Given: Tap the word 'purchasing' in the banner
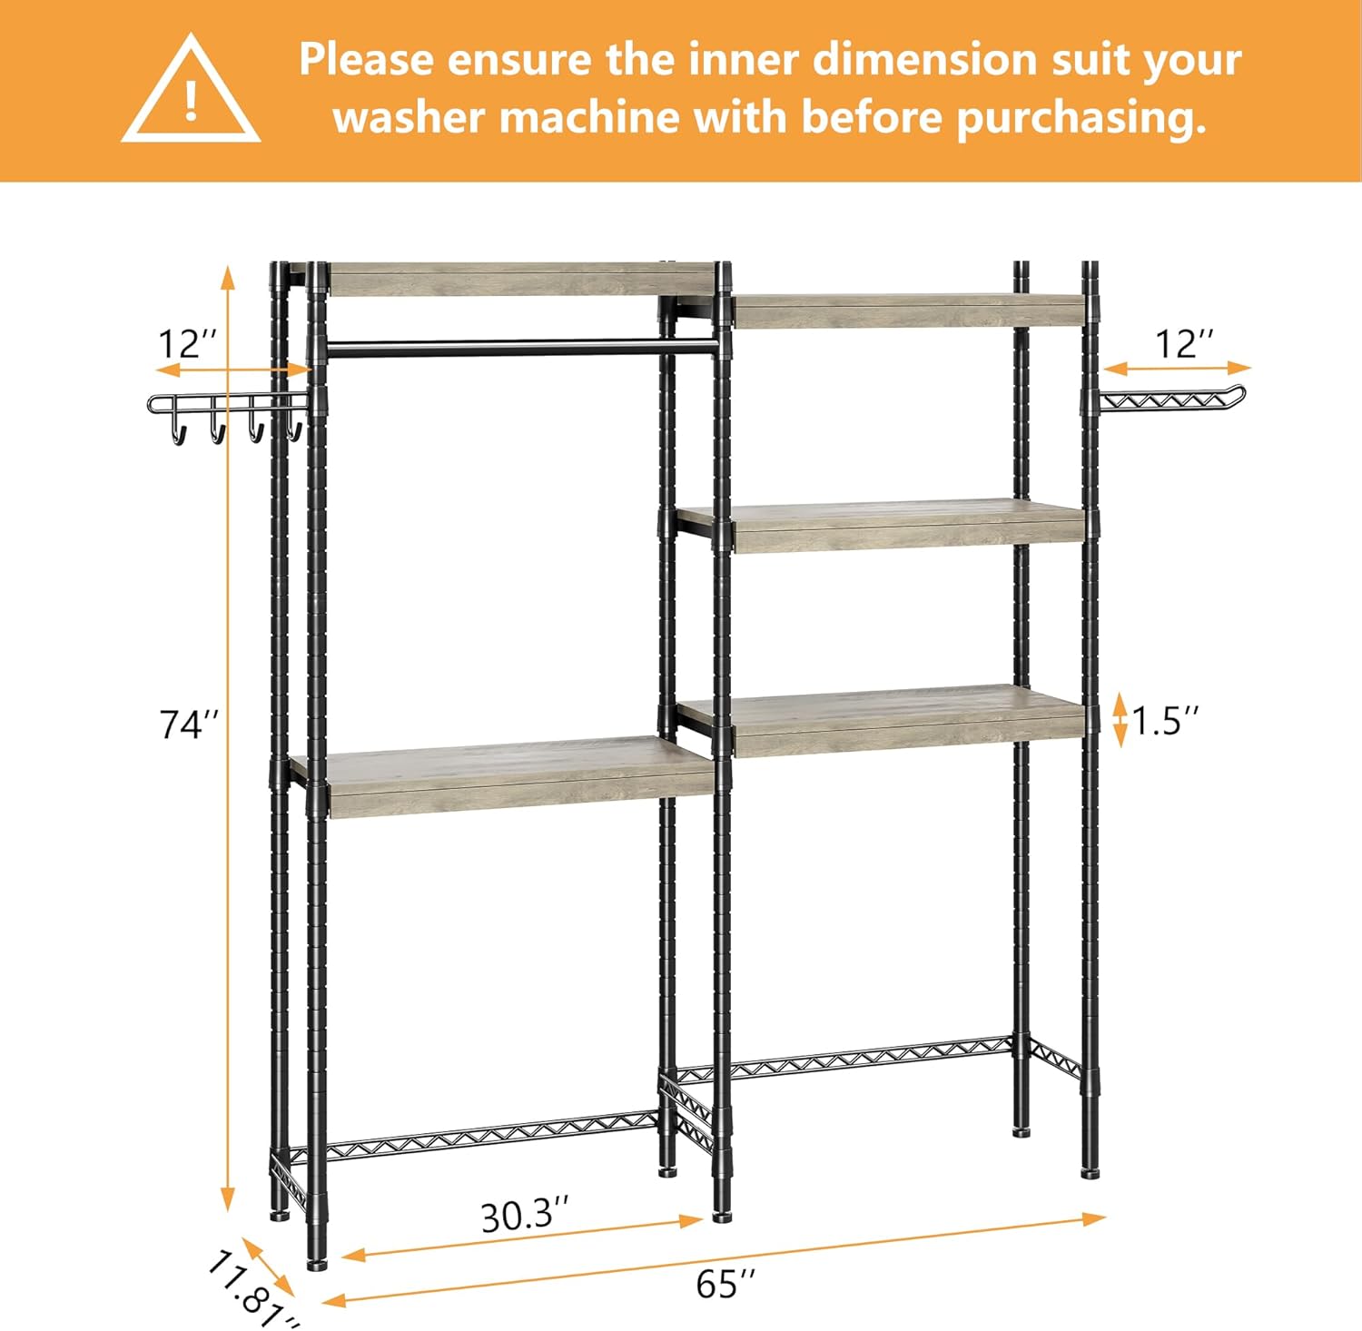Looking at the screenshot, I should pos(1081,118).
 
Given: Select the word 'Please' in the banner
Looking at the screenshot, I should pos(367,59).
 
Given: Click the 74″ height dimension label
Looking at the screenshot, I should pos(189,725).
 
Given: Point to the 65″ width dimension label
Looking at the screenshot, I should pos(725,1284).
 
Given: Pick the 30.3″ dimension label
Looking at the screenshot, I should pos(525,1215).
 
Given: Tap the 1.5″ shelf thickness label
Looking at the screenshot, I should pos(1165,721).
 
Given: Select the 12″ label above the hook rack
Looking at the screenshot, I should pos(188,345).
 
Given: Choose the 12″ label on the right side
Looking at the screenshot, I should pos(1184,345).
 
